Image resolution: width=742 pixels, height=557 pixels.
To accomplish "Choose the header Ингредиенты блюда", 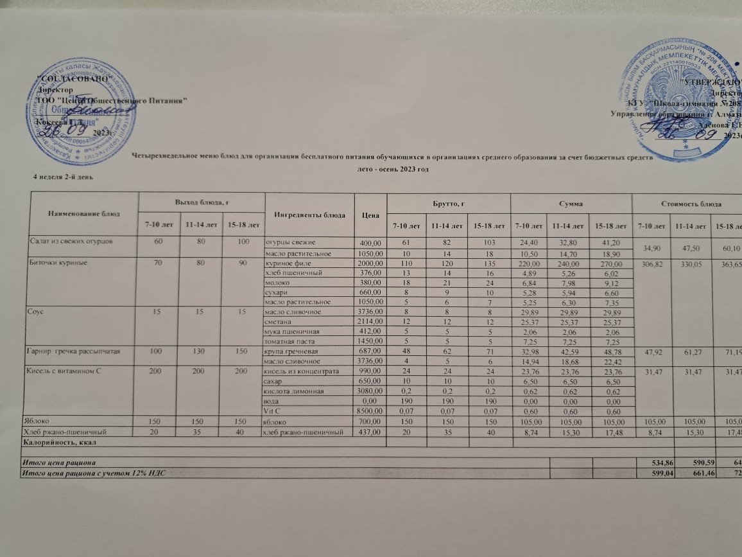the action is (x=309, y=215).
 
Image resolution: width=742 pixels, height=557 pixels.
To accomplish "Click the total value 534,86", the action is (x=651, y=463).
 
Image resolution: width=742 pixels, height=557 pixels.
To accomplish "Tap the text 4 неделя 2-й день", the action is (x=64, y=175).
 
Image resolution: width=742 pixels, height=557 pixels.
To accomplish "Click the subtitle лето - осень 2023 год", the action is (x=392, y=169).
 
